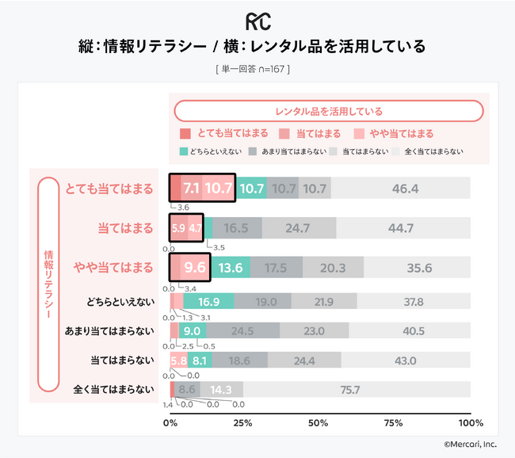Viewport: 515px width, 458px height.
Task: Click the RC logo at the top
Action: tap(257, 20)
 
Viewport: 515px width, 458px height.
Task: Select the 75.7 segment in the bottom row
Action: tap(349, 390)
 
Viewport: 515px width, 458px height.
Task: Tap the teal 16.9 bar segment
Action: tap(209, 302)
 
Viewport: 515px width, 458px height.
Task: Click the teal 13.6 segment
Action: tap(230, 268)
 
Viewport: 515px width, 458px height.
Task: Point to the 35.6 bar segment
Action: tap(418, 268)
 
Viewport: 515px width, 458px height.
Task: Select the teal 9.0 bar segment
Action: tap(193, 330)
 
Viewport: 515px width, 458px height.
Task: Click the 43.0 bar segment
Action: tap(406, 361)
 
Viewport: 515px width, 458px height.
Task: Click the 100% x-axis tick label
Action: tap(470, 423)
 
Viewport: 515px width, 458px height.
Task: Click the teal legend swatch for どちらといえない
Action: tap(185, 151)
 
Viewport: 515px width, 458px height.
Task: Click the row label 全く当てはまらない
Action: tap(113, 390)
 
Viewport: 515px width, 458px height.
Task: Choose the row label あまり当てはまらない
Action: tap(109, 330)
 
